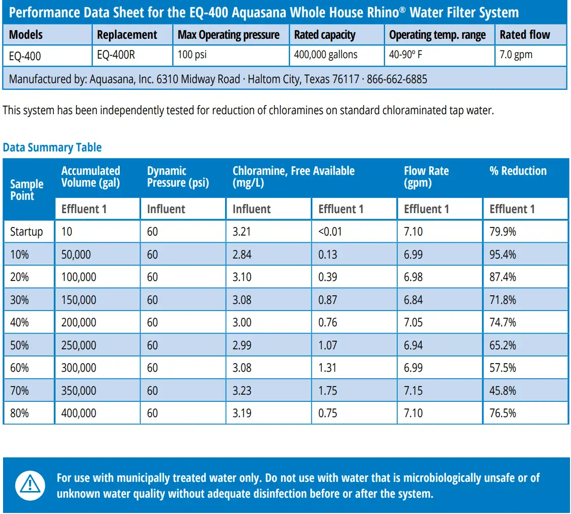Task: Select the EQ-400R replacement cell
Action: coord(116,55)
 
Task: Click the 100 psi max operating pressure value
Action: coord(192,55)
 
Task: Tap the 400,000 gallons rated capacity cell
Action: coord(326,55)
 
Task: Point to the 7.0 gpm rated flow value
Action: coord(516,55)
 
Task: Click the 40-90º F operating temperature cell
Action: coord(405,55)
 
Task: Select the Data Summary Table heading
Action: coord(52,147)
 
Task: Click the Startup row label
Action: coord(26,232)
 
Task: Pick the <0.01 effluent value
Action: coord(330,232)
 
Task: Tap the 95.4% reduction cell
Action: coord(503,254)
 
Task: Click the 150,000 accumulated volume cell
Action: coord(78,300)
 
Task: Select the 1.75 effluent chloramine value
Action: coord(328,391)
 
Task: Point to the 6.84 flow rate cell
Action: coord(413,300)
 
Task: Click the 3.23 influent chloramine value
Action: coord(242,391)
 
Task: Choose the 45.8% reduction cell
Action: coord(503,391)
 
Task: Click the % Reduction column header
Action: coord(518,171)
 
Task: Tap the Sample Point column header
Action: coord(26,190)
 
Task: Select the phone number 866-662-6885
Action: coord(397,79)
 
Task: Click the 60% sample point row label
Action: coord(19,368)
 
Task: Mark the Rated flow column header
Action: coord(525,35)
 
